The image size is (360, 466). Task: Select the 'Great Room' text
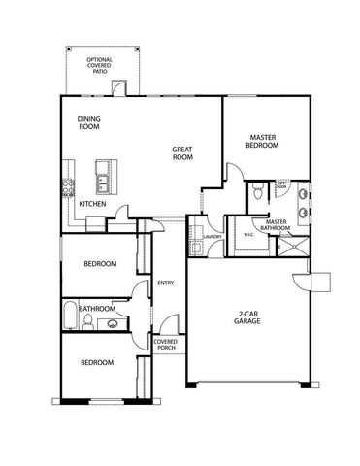click(182, 153)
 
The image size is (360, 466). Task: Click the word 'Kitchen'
click(92, 204)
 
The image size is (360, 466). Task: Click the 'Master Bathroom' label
click(275, 226)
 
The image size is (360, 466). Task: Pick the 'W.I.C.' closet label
click(248, 234)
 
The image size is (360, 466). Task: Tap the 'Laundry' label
click(213, 236)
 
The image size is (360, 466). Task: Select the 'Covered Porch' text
click(164, 346)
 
